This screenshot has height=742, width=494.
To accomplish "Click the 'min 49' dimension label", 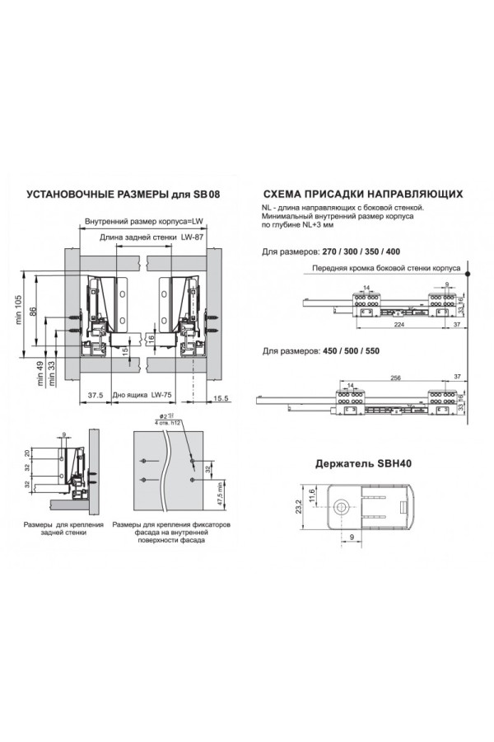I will click(40, 374).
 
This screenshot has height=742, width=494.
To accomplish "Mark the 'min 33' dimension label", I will click(52, 374).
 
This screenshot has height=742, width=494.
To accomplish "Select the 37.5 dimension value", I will click(96, 396).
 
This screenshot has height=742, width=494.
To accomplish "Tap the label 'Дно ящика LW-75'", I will click(141, 396).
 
